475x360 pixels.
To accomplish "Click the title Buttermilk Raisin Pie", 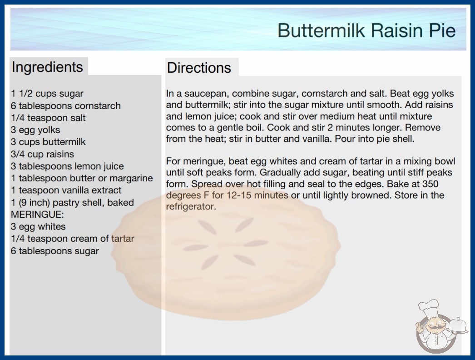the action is (x=366, y=30).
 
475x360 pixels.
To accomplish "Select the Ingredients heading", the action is (x=47, y=67).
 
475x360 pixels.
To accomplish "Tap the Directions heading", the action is (x=199, y=68).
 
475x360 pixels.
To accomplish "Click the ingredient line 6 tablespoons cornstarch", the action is (x=66, y=106).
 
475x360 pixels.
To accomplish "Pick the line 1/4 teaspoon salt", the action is (x=48, y=118).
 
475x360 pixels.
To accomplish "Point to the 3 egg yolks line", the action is (x=35, y=130).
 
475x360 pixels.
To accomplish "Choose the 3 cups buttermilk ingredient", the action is (x=48, y=142).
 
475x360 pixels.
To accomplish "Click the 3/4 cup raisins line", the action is (x=42, y=154).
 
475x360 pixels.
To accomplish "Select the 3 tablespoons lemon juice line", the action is (x=67, y=166).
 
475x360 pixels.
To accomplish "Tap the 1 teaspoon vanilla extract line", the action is (x=66, y=190).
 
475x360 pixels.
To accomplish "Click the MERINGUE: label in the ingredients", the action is (x=37, y=215).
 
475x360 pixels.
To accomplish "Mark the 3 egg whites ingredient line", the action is (x=38, y=226).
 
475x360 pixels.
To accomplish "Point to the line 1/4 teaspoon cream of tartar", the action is (x=72, y=239).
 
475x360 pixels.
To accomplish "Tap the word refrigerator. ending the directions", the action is (x=191, y=206).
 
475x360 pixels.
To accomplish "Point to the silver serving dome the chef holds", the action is (x=457, y=325).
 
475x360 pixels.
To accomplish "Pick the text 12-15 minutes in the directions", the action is (x=257, y=195).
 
